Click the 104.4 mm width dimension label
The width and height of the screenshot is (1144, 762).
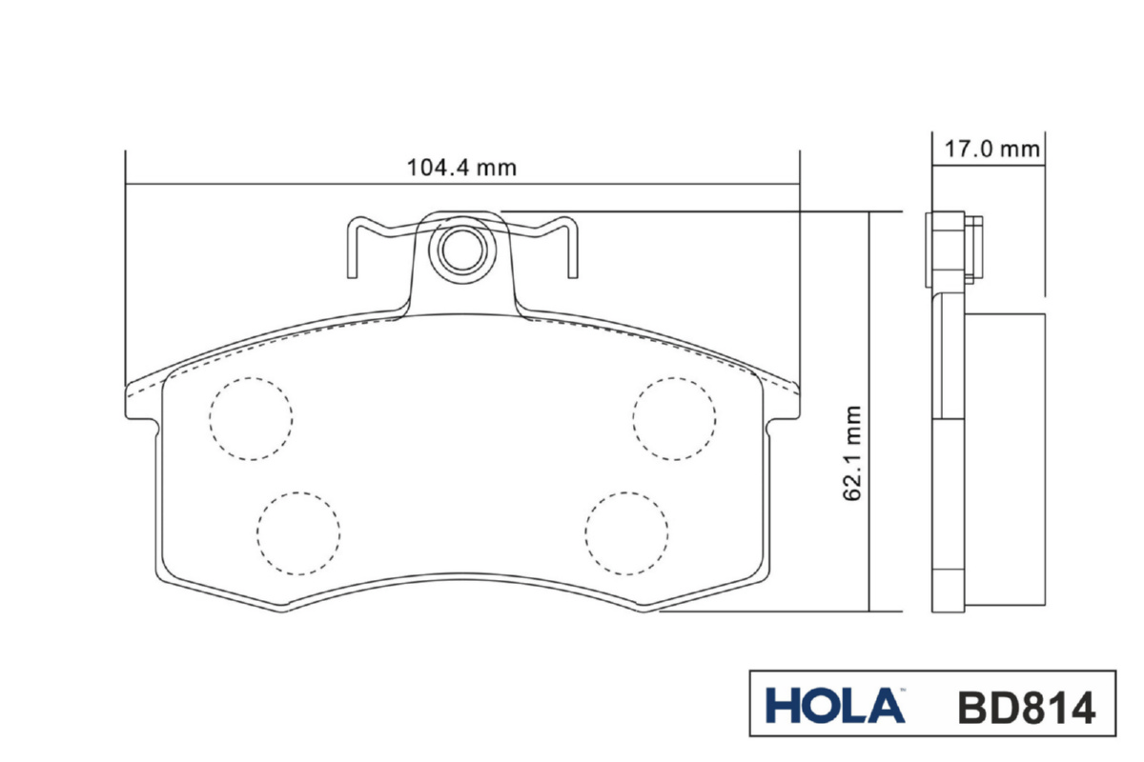pos(461,168)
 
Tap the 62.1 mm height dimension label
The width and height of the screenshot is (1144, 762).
pos(851,453)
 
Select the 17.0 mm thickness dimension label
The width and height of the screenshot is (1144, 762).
pos(991,149)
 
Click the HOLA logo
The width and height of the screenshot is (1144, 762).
pos(835,706)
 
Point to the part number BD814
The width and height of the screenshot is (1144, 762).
pos(1027,708)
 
